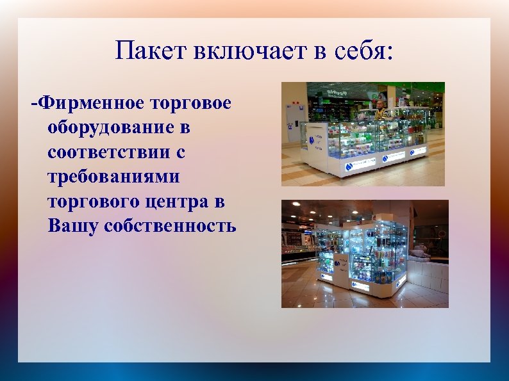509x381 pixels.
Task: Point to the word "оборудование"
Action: [119, 127]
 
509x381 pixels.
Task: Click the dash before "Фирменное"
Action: [34, 103]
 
